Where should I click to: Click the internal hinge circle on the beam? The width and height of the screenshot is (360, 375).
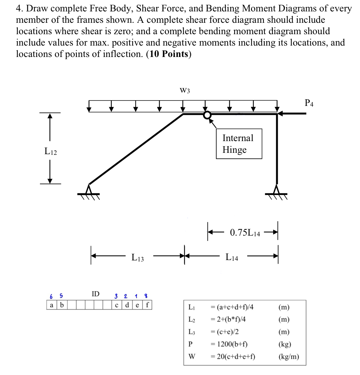pyautogui.click(x=208, y=115)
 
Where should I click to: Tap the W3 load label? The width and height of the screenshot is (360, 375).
pyautogui.click(x=185, y=90)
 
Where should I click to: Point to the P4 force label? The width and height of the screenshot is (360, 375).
pyautogui.click(x=310, y=103)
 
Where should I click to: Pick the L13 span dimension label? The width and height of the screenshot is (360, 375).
pyautogui.click(x=138, y=258)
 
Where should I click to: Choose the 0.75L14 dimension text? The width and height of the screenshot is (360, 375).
pyautogui.click(x=245, y=233)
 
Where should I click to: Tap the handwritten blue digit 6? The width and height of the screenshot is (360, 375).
pyautogui.click(x=51, y=297)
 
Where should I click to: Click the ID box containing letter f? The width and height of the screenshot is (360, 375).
pyautogui.click(x=148, y=305)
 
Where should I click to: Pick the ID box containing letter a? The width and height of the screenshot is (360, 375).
pyautogui.click(x=51, y=305)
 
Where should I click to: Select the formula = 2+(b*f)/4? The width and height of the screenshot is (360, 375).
pyautogui.click(x=231, y=319)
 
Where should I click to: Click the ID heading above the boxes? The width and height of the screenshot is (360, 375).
pyautogui.click(x=96, y=294)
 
